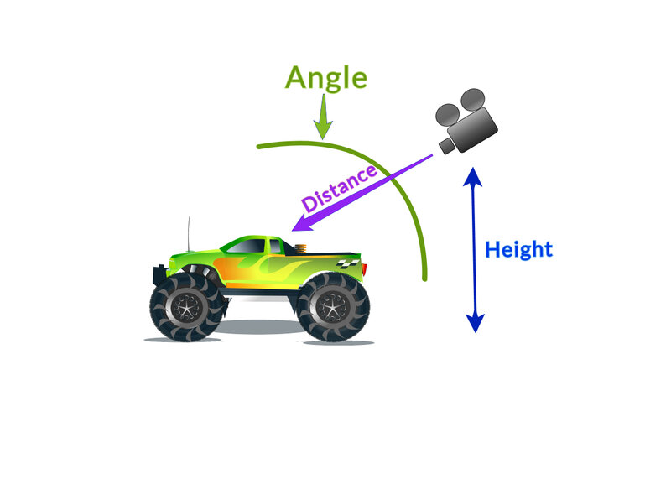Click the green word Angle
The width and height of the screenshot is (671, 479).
(326, 78)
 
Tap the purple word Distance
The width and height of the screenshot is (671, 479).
(340, 188)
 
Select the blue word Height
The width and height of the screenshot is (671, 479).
(518, 249)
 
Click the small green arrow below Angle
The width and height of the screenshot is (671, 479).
(323, 117)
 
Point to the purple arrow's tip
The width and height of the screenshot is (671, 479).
(292, 231)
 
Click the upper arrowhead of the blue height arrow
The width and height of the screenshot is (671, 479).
(473, 176)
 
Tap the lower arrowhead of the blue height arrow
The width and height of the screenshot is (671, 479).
(475, 324)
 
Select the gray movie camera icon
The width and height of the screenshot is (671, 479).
(466, 121)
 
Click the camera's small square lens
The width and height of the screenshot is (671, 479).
(447, 145)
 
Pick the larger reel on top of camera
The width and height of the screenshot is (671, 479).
(473, 100)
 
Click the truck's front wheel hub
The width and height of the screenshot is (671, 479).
(186, 307)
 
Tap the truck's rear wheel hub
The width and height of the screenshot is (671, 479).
(333, 307)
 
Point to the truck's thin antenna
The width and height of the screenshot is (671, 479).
(189, 234)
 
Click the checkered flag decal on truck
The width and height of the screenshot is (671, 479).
(348, 263)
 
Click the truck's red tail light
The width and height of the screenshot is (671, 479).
(364, 269)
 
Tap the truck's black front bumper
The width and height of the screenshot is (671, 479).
(160, 276)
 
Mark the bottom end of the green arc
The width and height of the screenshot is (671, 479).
(425, 279)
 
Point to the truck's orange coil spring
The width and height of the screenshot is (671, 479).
(301, 248)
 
